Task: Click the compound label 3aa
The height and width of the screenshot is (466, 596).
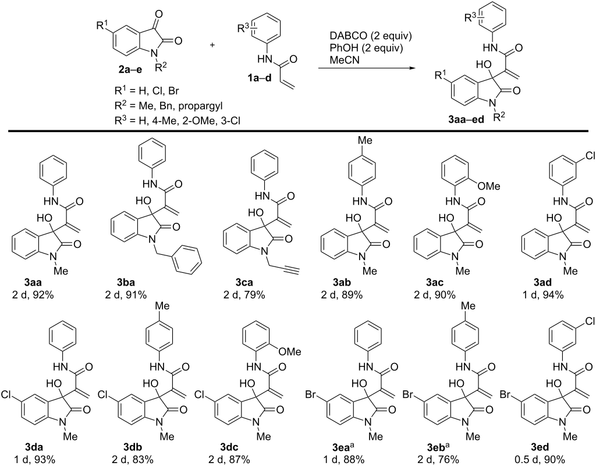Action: pos(34,283)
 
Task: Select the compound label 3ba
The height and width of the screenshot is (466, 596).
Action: pos(126,283)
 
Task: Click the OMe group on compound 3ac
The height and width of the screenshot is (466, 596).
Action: pos(489,186)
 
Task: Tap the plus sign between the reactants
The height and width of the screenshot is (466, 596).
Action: pos(212,45)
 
